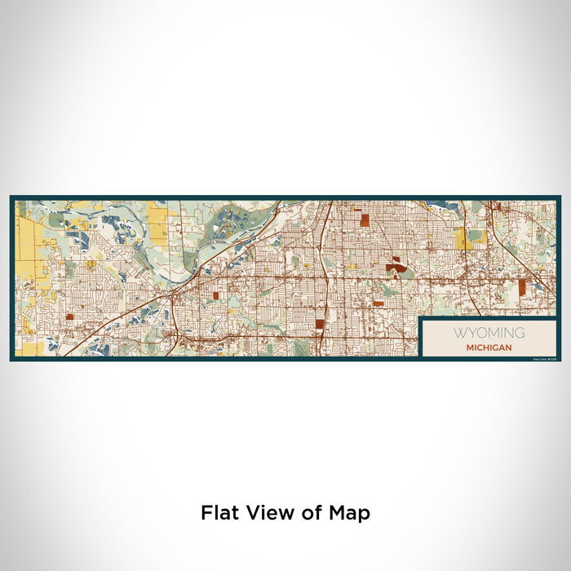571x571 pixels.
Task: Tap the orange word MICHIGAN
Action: pyautogui.click(x=489, y=347)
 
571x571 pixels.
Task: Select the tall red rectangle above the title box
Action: pyautogui.click(x=520, y=286)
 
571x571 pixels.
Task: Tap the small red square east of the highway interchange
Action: pyautogui.click(x=216, y=296)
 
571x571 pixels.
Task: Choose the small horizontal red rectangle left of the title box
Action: pyautogui.click(x=379, y=303)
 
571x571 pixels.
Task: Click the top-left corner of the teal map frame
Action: pyautogui.click(x=11, y=197)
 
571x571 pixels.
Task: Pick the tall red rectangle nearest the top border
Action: pyautogui.click(x=365, y=219)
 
